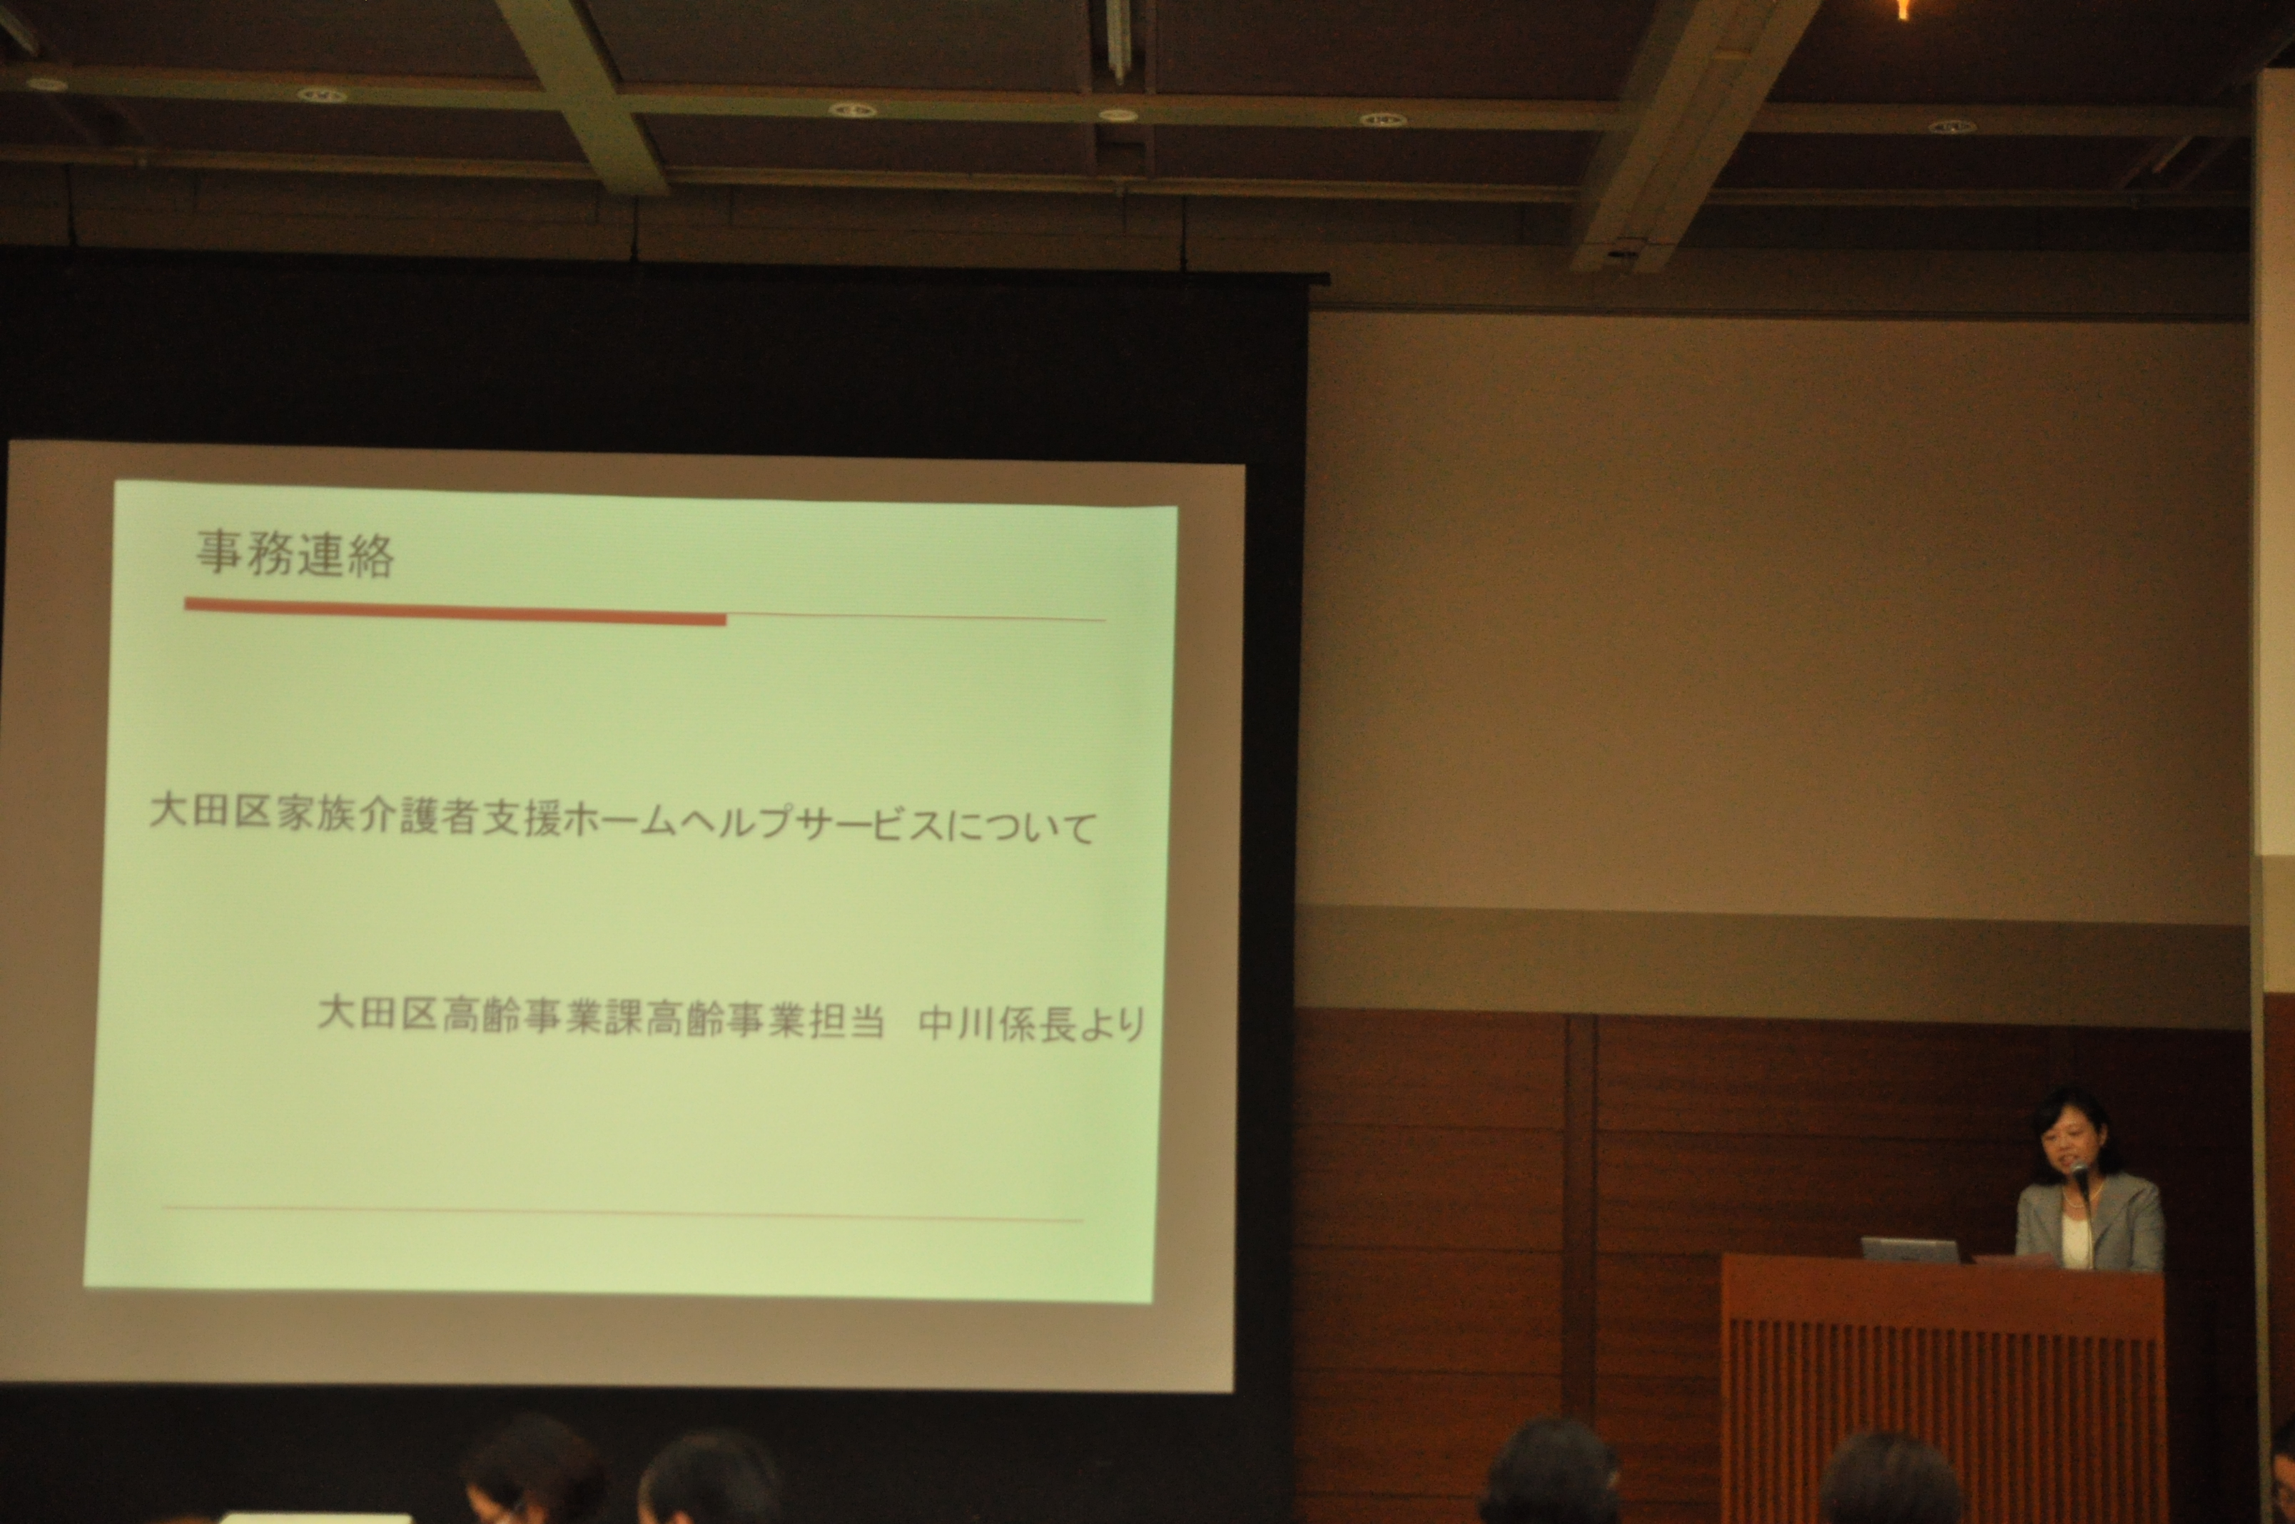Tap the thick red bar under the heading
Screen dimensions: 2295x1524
click(455, 611)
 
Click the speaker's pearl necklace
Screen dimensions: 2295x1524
click(2069, 1205)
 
